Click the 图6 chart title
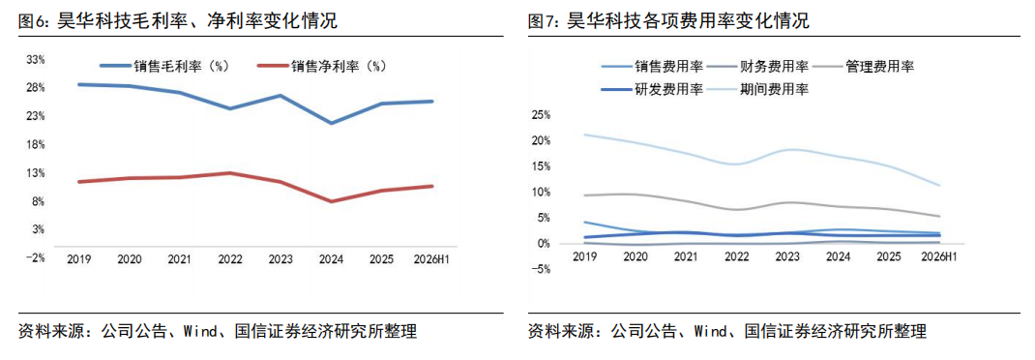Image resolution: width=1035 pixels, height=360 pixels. pyautogui.click(x=178, y=21)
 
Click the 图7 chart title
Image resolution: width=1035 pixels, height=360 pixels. pyautogui.click(x=668, y=21)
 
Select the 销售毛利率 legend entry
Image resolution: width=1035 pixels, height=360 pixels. pyautogui.click(x=164, y=66)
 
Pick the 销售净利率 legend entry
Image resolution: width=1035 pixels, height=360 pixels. pyautogui.click(x=321, y=66)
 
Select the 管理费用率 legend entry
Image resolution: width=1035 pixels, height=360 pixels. pyautogui.click(x=864, y=66)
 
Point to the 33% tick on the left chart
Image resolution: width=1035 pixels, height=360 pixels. pyautogui.click(x=36, y=59)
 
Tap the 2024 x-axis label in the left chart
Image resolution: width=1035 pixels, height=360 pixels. pyautogui.click(x=331, y=259)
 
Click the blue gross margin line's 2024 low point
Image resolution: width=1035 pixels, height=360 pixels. pyautogui.click(x=331, y=124)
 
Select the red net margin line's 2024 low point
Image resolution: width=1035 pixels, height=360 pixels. pyautogui.click(x=331, y=201)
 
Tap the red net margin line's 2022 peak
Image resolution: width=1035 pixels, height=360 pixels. pyautogui.click(x=229, y=173)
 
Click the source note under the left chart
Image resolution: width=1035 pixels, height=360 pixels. pyautogui.click(x=218, y=331)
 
